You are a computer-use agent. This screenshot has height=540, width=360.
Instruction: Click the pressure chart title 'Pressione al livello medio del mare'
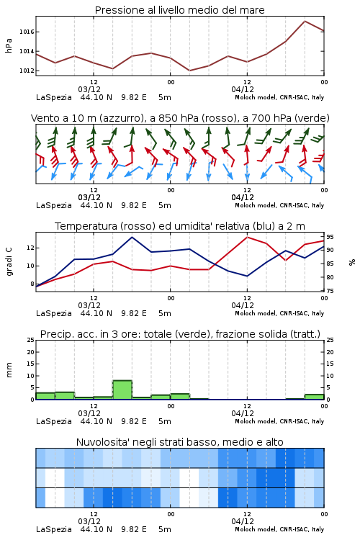tap(179, 10)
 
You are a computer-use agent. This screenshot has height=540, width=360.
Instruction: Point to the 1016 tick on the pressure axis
tap(27, 32)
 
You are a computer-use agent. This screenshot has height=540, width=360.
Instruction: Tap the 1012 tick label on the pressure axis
tap(27, 71)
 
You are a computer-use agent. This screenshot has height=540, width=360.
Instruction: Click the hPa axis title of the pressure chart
tap(9, 45)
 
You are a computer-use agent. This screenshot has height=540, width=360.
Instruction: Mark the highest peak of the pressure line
tap(305, 21)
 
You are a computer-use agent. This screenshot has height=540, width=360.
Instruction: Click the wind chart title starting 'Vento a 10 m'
tap(180, 118)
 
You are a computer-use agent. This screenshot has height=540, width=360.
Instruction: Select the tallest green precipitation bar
tap(122, 390)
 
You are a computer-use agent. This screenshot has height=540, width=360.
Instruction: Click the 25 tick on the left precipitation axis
tap(31, 340)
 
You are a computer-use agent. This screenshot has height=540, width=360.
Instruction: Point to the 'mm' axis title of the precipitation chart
tap(9, 370)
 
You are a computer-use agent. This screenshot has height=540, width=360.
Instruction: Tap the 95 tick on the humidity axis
tap(330, 237)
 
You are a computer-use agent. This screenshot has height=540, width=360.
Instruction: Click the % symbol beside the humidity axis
tap(352, 262)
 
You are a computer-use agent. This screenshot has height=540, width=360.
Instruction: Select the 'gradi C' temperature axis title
tap(9, 262)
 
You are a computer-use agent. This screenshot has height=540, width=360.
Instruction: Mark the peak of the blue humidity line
tap(132, 237)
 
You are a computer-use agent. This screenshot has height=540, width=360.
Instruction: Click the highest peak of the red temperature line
tap(247, 237)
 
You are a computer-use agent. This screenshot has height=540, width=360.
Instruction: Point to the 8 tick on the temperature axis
tap(32, 284)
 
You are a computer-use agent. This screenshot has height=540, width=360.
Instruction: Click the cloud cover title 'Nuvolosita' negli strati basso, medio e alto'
tap(179, 442)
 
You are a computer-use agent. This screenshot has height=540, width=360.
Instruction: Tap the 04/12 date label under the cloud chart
tap(243, 521)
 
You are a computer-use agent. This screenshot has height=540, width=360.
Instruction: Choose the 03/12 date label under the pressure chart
tap(89, 89)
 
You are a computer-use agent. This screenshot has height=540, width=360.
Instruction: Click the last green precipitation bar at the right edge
tap(314, 397)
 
